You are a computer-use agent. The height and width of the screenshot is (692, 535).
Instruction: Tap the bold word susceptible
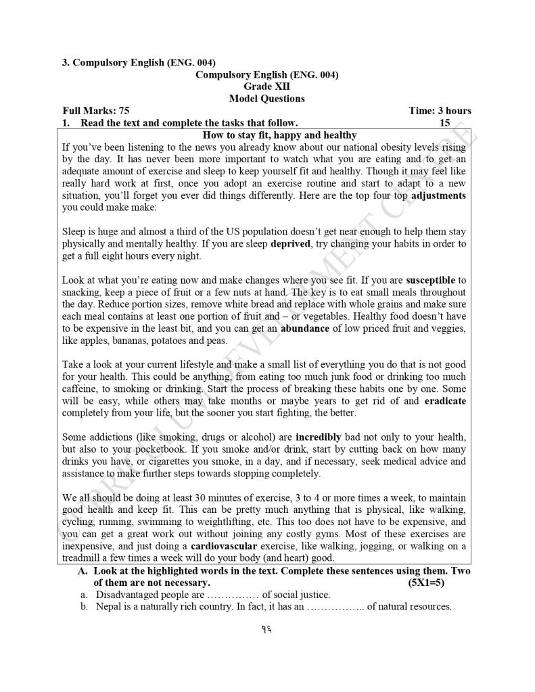(436, 280)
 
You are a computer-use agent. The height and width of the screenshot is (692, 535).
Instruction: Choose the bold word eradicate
(445, 401)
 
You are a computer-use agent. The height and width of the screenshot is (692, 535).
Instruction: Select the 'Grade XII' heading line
(266, 86)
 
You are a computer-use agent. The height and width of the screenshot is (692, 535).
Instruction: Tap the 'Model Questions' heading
(266, 99)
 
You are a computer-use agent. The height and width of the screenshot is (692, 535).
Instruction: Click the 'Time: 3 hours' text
(440, 111)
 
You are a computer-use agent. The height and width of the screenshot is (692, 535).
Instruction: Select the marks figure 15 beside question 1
(444, 123)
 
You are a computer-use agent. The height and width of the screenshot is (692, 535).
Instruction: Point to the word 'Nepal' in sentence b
(110, 607)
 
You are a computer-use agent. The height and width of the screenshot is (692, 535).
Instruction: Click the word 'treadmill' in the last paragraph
(84, 558)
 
